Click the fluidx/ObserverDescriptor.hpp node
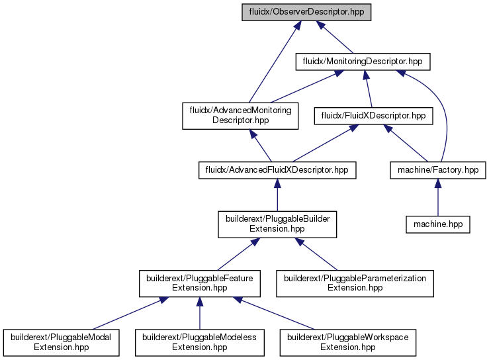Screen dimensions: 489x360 (306, 12)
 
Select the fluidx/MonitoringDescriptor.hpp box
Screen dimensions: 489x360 (363, 62)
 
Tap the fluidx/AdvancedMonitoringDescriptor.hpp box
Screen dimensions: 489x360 (240, 116)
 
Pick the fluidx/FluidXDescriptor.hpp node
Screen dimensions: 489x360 (373, 116)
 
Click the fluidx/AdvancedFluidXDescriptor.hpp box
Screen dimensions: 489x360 (277, 170)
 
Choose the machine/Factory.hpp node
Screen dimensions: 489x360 (438, 170)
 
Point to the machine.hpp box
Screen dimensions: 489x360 (438, 224)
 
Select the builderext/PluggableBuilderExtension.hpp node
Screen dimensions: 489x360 (277, 224)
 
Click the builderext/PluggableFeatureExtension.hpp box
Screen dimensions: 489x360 (200, 283)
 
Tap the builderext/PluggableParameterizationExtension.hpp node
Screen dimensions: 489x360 (355, 283)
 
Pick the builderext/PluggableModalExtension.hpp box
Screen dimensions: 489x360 (61, 343)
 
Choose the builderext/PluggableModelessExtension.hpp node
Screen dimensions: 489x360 (200, 343)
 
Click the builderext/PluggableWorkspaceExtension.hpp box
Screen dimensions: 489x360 (348, 343)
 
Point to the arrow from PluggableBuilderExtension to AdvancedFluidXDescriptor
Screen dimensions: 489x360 (277, 195)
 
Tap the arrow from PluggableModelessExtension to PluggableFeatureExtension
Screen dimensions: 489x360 (200, 313)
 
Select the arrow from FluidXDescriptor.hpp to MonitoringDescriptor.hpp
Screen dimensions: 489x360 (369, 89)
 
